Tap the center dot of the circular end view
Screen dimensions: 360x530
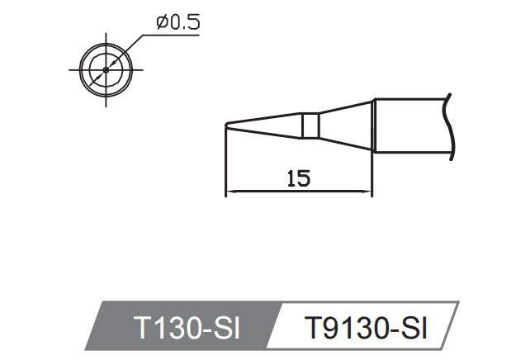click(x=105, y=69)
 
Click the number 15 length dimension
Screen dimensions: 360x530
click(x=299, y=178)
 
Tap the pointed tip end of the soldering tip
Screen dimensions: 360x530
click(x=226, y=125)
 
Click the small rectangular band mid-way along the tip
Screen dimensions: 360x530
click(x=310, y=126)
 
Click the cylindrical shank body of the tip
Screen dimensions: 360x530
click(x=409, y=126)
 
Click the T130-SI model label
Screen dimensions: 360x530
click(x=185, y=329)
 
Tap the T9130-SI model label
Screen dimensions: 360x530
click(x=366, y=329)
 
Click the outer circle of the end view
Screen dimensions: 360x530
click(x=82, y=69)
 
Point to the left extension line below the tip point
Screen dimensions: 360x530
click(x=225, y=165)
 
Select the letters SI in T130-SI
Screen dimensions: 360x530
click(x=225, y=329)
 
